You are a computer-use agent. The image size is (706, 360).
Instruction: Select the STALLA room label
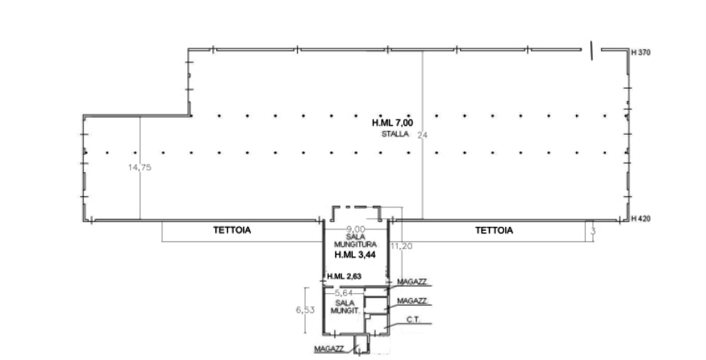pos(395,132)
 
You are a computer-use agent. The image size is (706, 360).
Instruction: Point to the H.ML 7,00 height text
pos(393,122)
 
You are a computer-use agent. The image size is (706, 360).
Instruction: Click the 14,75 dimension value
pos(140,170)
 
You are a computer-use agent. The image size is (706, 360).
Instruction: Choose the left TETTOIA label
pos(233,230)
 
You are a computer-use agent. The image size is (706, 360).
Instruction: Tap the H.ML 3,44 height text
pos(355,254)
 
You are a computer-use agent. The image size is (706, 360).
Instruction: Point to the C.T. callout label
pos(414,320)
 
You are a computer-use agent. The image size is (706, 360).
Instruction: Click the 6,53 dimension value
pos(304,310)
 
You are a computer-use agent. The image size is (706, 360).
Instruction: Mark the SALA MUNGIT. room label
pos(345,304)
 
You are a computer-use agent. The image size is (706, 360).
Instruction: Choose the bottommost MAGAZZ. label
pos(330,348)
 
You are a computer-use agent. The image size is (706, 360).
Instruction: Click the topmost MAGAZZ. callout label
pos(412,279)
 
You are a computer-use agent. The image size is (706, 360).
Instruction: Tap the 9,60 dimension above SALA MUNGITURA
pos(354,227)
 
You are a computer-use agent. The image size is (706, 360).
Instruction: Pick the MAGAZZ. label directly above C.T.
pos(412,300)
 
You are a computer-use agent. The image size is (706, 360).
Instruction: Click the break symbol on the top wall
pos(592,49)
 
